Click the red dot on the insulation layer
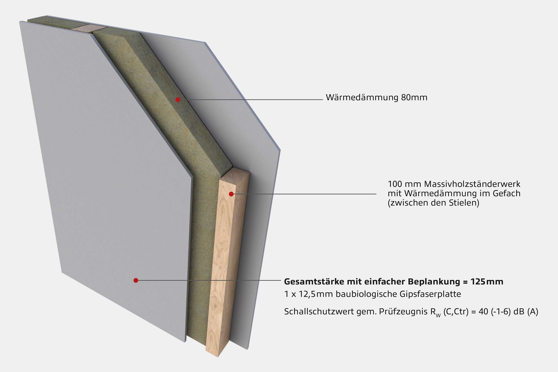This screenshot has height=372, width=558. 178,100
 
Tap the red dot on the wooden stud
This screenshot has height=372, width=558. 231,194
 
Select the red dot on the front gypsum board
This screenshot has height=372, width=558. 136,280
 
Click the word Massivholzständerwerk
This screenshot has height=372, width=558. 472,184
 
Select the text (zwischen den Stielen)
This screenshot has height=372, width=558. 433,203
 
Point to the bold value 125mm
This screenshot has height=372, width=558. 489,282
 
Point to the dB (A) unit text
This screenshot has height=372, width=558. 525,312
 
